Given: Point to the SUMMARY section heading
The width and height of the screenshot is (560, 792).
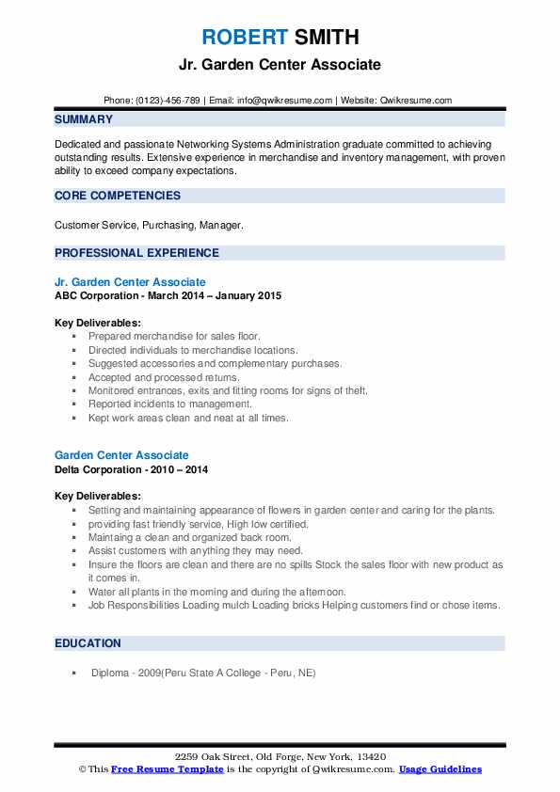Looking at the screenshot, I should tap(84, 119).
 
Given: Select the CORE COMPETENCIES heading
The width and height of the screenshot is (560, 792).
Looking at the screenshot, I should tap(118, 196).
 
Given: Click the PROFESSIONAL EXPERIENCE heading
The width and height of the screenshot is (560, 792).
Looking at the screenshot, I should tap(136, 252).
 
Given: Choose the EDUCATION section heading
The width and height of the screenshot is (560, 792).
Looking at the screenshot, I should tap(88, 643).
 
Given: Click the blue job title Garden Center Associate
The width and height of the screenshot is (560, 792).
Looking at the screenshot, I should tap(121, 455).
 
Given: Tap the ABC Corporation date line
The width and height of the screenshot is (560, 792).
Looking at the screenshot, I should tap(168, 295).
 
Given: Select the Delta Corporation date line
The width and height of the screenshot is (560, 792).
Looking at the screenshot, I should tap(131, 468).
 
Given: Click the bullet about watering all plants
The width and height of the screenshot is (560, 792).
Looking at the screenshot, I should tap(217, 592).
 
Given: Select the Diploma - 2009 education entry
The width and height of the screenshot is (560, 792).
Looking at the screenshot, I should tap(203, 673).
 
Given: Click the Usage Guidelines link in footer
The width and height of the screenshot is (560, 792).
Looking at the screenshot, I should tap(440, 769).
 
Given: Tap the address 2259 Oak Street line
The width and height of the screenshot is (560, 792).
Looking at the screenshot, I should tap(280, 757).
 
